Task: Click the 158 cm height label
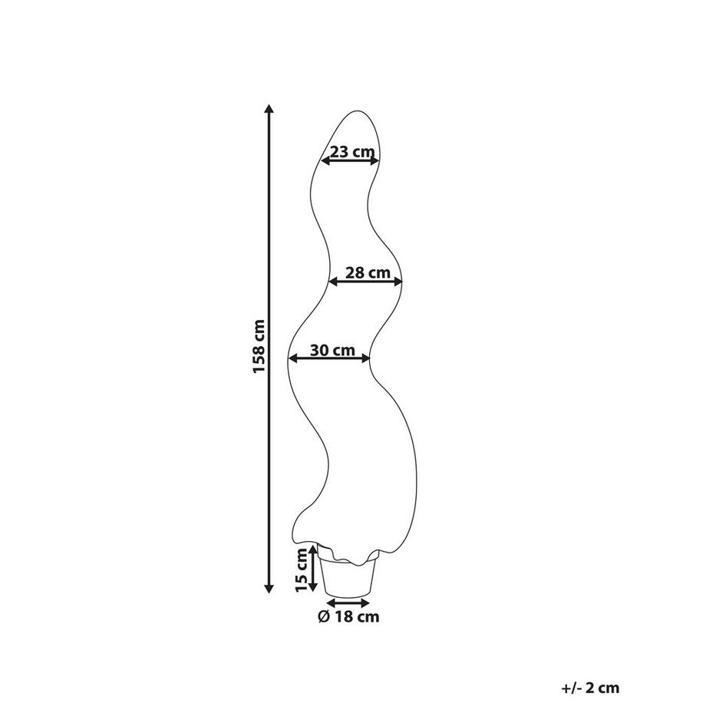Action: pyautogui.click(x=259, y=346)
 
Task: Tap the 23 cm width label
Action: pyautogui.click(x=352, y=151)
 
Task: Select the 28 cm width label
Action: pyautogui.click(x=368, y=272)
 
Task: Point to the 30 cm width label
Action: pyautogui.click(x=333, y=350)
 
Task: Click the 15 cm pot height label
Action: pyautogui.click(x=302, y=570)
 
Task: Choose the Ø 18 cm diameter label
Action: pyautogui.click(x=349, y=616)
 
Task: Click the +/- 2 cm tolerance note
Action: pyautogui.click(x=590, y=688)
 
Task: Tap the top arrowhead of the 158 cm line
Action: pyautogui.click(x=269, y=108)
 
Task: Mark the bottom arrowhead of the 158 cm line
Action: pyautogui.click(x=269, y=588)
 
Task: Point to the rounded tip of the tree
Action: pyautogui.click(x=357, y=112)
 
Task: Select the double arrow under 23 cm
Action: pyautogui.click(x=350, y=160)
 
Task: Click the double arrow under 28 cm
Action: pyautogui.click(x=365, y=282)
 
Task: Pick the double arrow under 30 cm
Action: pyautogui.click(x=329, y=358)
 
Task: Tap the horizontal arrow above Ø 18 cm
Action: pyautogui.click(x=348, y=603)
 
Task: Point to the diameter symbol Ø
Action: pyautogui.click(x=324, y=616)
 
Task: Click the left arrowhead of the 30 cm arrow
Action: pyautogui.click(x=293, y=358)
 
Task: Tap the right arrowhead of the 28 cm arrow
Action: pyautogui.click(x=398, y=282)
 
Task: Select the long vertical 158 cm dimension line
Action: pyautogui.click(x=269, y=348)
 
